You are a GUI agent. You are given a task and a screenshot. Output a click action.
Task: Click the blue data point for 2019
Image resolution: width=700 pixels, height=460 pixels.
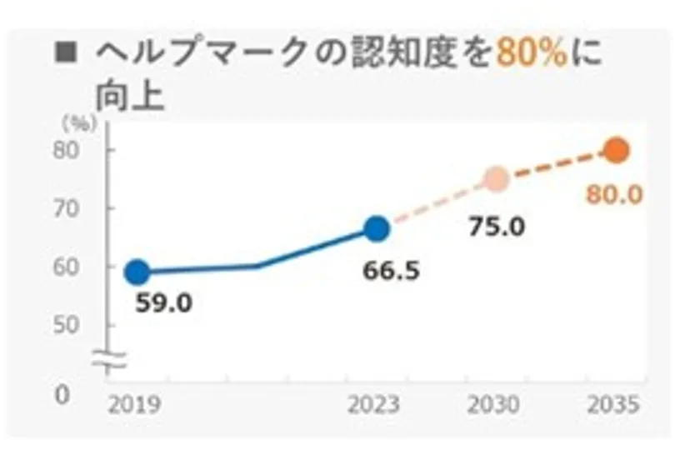(137, 272)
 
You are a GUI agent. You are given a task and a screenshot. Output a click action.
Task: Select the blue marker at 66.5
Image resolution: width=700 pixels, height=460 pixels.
(377, 228)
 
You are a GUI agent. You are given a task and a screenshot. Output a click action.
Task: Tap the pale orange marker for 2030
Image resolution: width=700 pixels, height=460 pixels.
(497, 179)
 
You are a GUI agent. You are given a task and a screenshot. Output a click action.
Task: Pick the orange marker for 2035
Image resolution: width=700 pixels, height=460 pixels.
(617, 150)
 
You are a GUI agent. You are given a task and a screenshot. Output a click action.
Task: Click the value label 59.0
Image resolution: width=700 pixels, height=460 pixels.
(163, 302)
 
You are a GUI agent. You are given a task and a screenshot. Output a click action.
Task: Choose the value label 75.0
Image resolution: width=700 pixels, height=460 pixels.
(497, 225)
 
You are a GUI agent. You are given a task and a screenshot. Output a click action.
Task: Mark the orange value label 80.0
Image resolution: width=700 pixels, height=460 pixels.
(614, 195)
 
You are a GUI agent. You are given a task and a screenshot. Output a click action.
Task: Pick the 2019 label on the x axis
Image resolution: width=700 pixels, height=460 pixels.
(135, 406)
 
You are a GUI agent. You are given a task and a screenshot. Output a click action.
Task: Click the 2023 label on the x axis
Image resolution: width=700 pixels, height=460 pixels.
(372, 406)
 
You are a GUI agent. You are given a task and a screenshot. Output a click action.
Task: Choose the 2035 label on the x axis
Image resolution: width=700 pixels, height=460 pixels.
(612, 406)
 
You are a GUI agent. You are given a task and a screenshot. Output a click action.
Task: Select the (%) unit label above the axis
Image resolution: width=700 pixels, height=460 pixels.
(80, 123)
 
